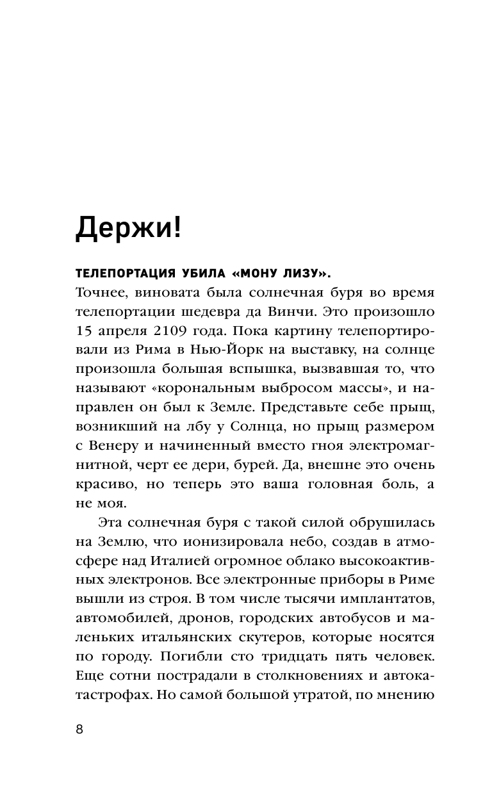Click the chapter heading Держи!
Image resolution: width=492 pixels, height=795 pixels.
pyautogui.click(x=128, y=227)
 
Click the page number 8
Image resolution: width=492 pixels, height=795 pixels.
pyautogui.click(x=79, y=731)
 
